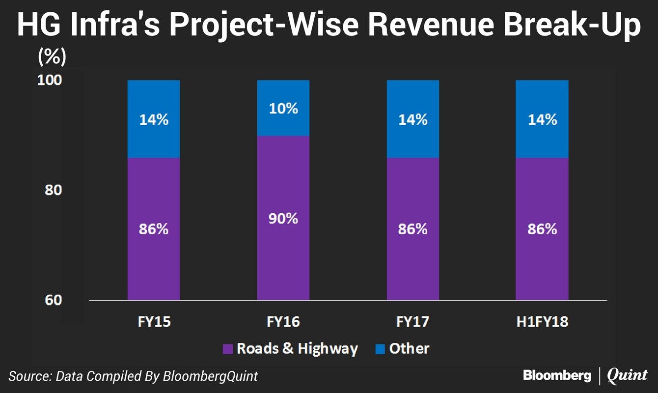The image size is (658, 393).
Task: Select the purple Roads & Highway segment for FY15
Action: pos(154,255)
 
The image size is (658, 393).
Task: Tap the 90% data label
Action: pos(283,218)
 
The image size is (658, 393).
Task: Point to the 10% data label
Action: pos(283,108)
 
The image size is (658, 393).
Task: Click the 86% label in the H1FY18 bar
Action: pos(542,228)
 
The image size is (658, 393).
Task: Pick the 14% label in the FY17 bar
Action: pos(413,119)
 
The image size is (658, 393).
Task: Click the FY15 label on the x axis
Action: pos(154,322)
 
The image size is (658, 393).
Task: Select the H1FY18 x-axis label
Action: pos(542,322)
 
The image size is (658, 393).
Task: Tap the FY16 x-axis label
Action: pos(283,322)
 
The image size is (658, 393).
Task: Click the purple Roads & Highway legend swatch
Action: pos(228,349)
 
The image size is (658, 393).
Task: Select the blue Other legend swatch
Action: pos(380,349)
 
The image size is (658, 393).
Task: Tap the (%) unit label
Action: pos(52,58)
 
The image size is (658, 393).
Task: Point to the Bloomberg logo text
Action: pos(557,376)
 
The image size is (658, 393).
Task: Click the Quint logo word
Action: pos(628,376)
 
